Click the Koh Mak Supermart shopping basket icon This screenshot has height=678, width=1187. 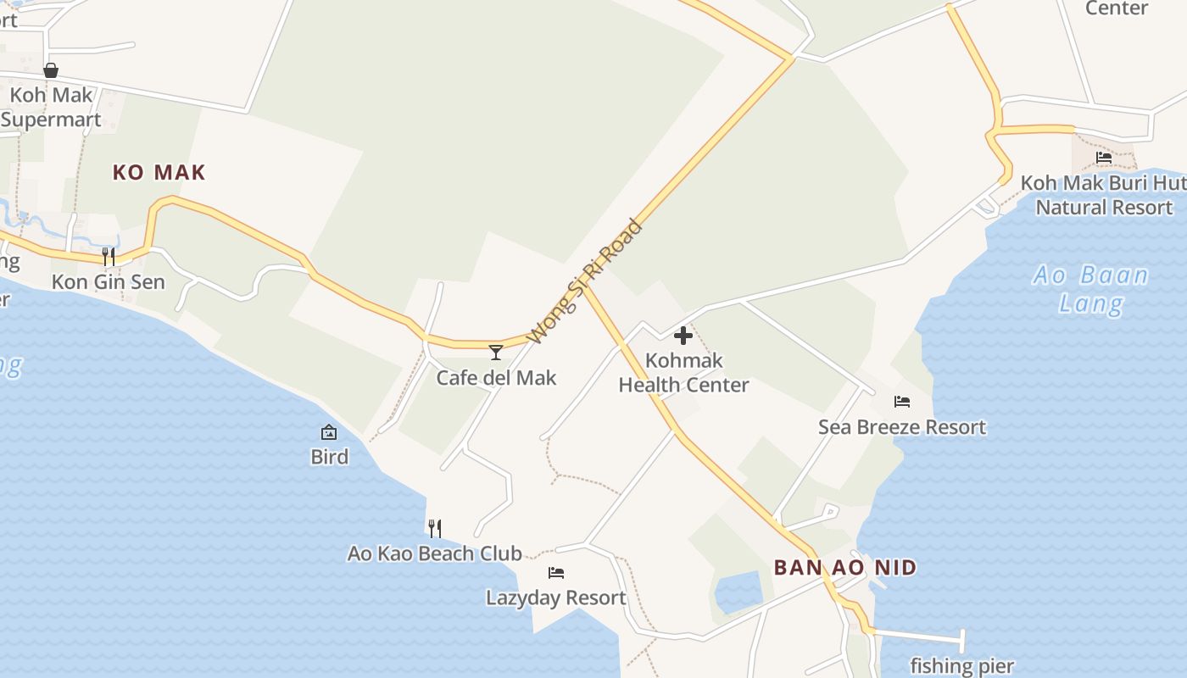[x=51, y=70]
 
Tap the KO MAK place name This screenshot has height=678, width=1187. [x=159, y=173]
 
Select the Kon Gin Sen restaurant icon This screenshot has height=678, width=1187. [x=109, y=256]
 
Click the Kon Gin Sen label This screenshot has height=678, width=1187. [x=109, y=281]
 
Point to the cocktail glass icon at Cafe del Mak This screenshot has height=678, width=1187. [x=496, y=352]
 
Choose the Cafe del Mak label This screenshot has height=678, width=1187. [x=496, y=377]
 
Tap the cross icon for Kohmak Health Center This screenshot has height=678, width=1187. [x=683, y=336]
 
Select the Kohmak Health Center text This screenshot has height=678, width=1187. [x=683, y=372]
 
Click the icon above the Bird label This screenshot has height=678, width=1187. [x=329, y=433]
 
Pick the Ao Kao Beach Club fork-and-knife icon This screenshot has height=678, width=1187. [x=434, y=529]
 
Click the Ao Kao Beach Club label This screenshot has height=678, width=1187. [x=434, y=553]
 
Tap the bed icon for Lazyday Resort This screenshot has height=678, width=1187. [x=556, y=573]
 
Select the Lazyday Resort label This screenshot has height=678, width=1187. [x=556, y=597]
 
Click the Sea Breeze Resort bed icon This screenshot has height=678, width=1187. [x=902, y=402]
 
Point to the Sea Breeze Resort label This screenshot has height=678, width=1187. [x=902, y=426]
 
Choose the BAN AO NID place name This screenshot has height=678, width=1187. [x=845, y=567]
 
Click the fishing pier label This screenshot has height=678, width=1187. [x=962, y=666]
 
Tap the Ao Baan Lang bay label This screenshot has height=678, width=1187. [x=1091, y=288]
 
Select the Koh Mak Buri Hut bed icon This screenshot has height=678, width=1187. [x=1104, y=157]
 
